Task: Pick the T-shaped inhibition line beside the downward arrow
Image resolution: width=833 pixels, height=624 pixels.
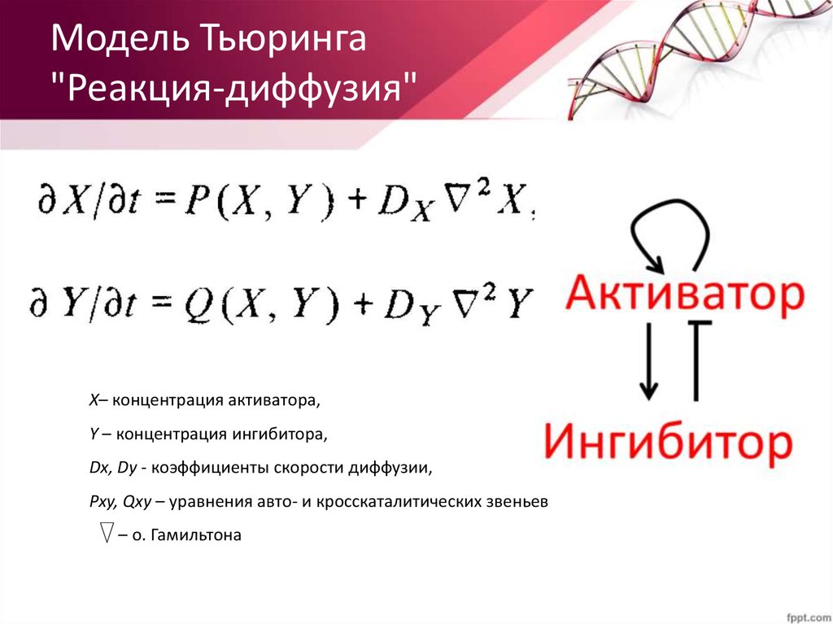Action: tap(696, 358)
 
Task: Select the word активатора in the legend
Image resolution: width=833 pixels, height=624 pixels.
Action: tap(275, 401)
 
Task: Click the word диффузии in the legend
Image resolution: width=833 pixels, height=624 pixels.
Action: tap(386, 469)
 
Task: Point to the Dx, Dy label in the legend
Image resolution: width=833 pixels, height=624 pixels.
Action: tap(113, 469)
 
